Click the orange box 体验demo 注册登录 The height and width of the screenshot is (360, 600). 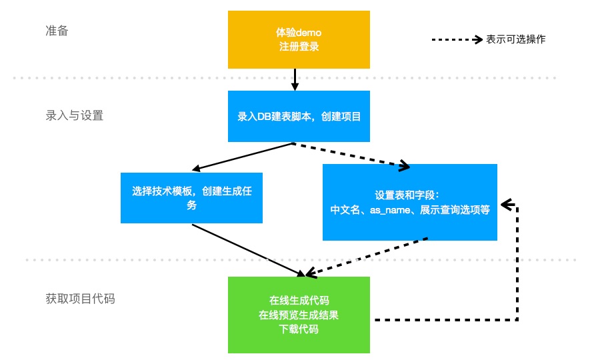299,39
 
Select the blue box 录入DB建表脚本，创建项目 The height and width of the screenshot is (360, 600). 299,117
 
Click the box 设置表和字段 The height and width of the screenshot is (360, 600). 410,202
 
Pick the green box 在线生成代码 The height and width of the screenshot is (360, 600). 299,315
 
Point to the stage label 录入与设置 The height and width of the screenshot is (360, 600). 74,115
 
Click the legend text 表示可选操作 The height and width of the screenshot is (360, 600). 515,39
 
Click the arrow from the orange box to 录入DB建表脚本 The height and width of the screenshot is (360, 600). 294,79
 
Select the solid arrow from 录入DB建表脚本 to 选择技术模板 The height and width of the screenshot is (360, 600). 243,157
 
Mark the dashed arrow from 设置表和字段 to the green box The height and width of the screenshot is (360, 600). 367,256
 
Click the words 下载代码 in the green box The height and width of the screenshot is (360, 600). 299,329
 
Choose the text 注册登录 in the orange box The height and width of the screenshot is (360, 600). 299,47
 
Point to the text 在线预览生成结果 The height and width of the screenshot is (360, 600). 299,315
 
